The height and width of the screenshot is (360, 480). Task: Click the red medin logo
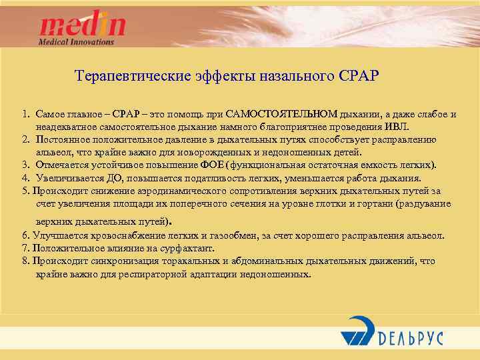(82, 25)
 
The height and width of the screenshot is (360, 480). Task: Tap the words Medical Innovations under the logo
(76, 41)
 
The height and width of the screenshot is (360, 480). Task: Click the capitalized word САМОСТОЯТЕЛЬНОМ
(282, 114)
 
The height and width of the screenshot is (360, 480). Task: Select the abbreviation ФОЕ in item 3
(213, 165)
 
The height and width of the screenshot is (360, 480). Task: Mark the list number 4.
(24, 178)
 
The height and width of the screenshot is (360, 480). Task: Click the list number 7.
(25, 248)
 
